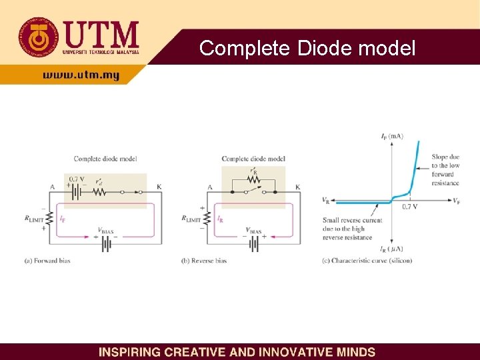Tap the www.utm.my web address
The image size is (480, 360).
[x=81, y=75]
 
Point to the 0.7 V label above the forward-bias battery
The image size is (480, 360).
[x=77, y=179]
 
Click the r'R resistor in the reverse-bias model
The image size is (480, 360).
[x=252, y=179]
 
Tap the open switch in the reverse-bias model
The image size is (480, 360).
[x=253, y=191]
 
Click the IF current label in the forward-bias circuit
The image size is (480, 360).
[x=62, y=217]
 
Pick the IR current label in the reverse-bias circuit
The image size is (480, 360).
[x=219, y=218]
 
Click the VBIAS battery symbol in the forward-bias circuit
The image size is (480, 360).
[x=105, y=244]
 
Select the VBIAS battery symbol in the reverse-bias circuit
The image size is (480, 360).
[x=253, y=243]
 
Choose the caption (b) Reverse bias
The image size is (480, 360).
[x=203, y=261]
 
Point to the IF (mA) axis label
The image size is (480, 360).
[x=391, y=137]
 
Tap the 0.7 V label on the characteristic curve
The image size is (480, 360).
[x=410, y=207]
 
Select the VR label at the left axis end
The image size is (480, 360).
[x=325, y=199]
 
